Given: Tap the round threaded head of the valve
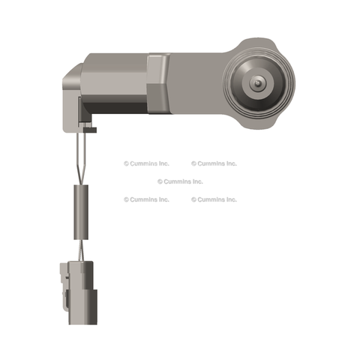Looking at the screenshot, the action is click(x=259, y=84).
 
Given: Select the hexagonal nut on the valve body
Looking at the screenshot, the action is click(x=158, y=83).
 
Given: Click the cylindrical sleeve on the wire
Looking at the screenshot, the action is click(x=81, y=212).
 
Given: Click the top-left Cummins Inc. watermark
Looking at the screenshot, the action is click(x=146, y=163).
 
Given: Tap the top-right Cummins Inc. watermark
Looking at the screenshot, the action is click(x=214, y=163).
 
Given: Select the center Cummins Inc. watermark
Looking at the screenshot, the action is click(x=180, y=181).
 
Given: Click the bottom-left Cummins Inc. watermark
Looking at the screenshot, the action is click(x=146, y=199).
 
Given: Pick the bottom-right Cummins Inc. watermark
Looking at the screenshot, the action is click(x=214, y=199).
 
